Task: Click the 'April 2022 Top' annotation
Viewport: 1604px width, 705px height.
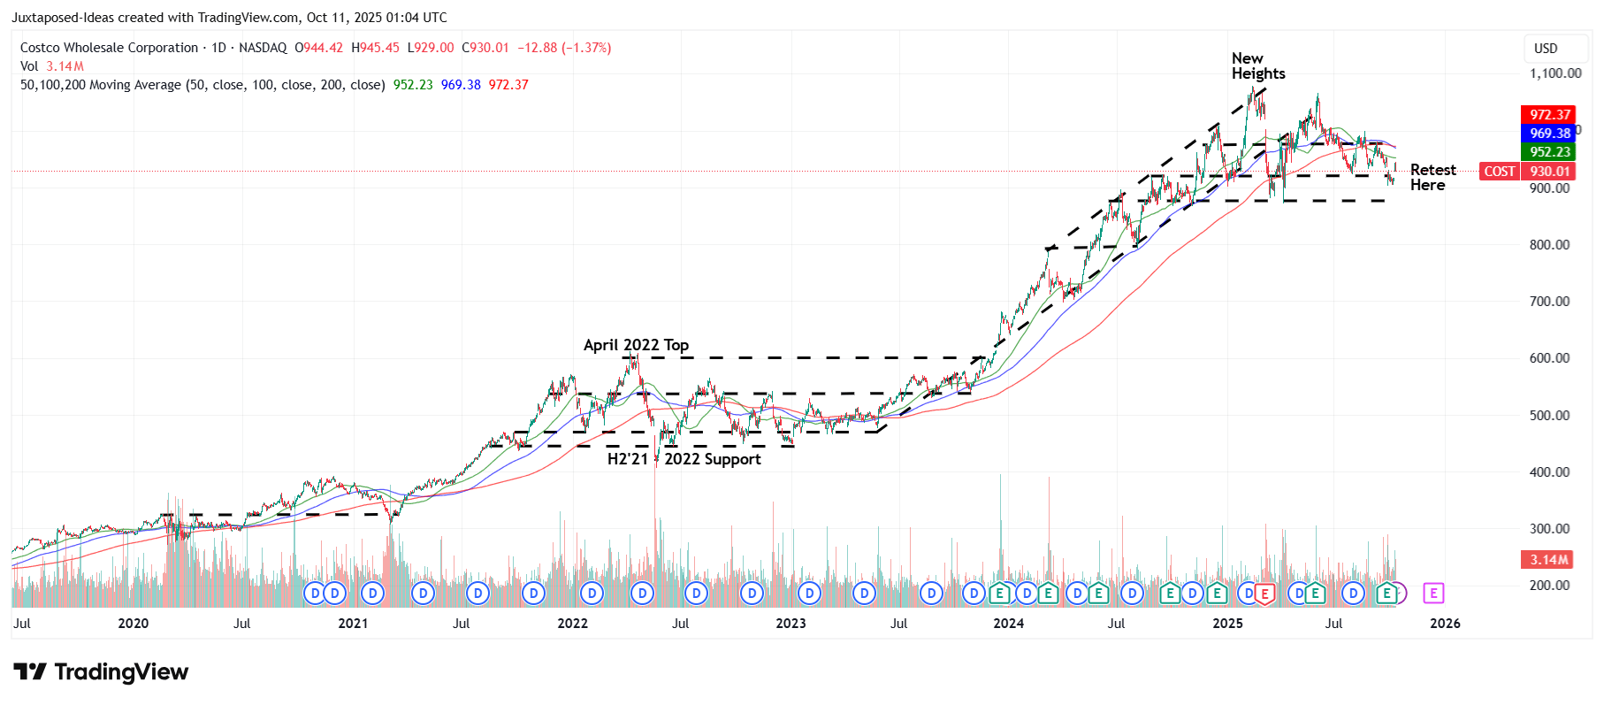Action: point(636,345)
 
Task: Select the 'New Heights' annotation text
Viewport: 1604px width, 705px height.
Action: point(1257,66)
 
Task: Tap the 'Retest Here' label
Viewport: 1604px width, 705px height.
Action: point(1432,177)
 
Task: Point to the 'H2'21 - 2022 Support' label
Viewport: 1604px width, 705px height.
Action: point(684,459)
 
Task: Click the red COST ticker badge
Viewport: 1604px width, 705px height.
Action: point(1499,172)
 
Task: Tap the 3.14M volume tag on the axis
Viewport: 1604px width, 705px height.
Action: point(1548,560)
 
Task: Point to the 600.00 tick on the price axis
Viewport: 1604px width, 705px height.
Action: point(1549,358)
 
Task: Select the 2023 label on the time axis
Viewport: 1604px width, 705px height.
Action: point(791,624)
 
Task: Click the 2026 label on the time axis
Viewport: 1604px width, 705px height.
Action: point(1445,624)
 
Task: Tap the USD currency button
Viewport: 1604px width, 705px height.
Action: point(1546,49)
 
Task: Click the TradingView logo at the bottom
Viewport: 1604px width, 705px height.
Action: point(101,672)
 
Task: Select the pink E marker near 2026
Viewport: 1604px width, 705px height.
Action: point(1433,594)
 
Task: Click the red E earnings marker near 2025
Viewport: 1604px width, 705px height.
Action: point(1264,594)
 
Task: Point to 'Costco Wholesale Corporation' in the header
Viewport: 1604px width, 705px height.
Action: point(109,48)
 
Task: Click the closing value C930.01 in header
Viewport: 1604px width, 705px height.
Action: point(485,48)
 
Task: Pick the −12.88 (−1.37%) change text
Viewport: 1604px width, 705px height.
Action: point(563,48)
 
